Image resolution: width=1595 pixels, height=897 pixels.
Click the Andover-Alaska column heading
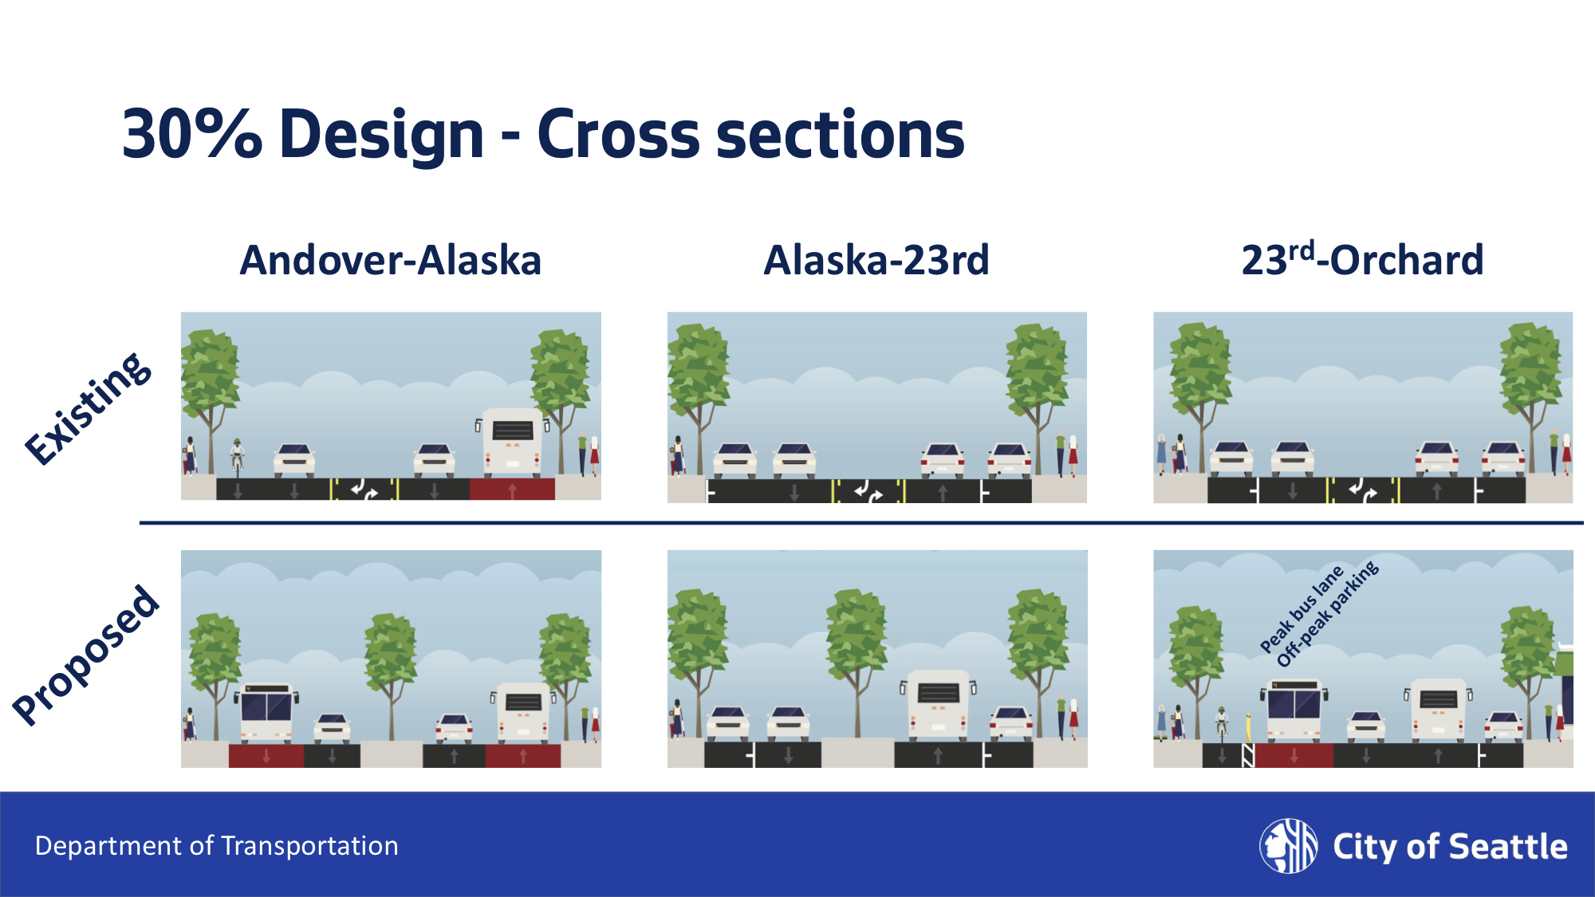pos(391,261)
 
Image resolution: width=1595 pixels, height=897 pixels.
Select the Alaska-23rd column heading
pos(876,261)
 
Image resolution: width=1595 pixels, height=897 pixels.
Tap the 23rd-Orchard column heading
pos(1362,261)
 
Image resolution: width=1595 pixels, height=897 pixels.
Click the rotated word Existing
pos(88,408)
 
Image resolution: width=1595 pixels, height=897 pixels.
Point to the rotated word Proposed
pos(86,655)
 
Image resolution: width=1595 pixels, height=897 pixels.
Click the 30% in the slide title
pos(191,134)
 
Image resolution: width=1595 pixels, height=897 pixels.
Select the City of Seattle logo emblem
pos(1288,846)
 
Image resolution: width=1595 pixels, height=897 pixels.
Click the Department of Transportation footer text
pos(216,846)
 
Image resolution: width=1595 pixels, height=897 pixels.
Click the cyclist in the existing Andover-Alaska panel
pos(237,457)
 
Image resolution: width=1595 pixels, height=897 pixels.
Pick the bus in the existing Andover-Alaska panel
pos(513,443)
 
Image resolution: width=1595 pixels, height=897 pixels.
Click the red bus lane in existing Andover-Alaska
pos(512,490)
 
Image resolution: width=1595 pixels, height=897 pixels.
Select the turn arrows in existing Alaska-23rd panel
pos(868,491)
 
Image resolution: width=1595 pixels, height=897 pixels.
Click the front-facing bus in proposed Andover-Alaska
pos(266,712)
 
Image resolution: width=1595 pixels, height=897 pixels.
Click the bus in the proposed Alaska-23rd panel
pos(938,703)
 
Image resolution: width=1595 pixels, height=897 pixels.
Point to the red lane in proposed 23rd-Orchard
pos(1294,755)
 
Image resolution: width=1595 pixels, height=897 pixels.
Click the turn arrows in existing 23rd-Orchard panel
pos(1362,491)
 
